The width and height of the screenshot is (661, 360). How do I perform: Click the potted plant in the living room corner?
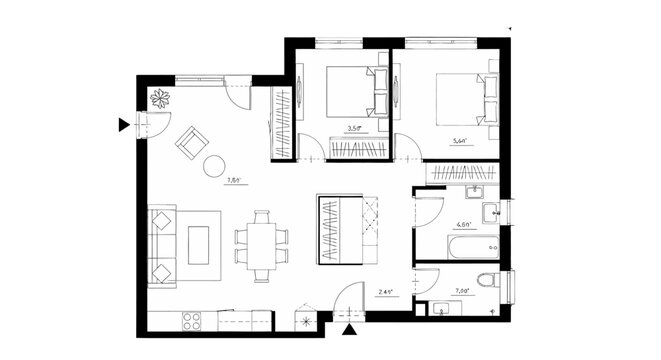[x=160, y=98]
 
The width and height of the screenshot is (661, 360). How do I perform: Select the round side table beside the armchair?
[x=215, y=167]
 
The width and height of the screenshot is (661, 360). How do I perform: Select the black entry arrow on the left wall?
[x=124, y=125]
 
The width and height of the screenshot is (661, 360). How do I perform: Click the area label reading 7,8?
[x=233, y=181]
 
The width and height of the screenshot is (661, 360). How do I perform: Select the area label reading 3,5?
[x=353, y=129]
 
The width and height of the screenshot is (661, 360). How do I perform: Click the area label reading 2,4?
[x=385, y=292]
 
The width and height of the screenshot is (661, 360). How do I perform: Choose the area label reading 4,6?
[x=463, y=225]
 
